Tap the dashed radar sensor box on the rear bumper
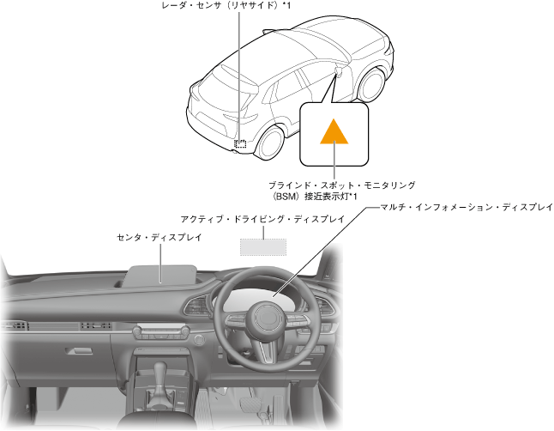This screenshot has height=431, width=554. pos(242,143)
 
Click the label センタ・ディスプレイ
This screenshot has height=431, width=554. pos(159,236)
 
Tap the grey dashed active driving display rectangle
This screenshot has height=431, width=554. pos(262,246)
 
